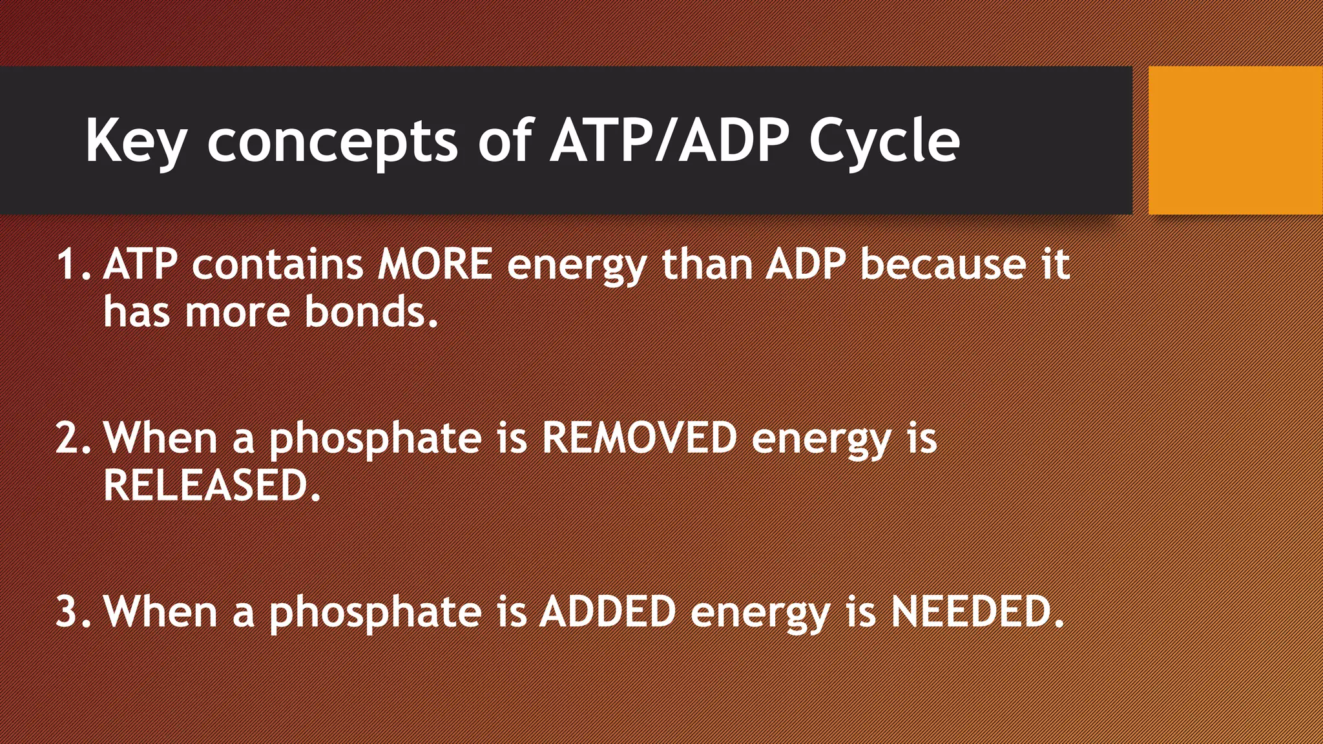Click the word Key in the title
pyautogui.click(x=136, y=141)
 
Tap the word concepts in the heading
pyautogui.click(x=332, y=141)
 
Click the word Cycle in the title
pyautogui.click(x=884, y=141)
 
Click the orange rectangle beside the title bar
pyautogui.click(x=1235, y=140)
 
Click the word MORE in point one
pyautogui.click(x=435, y=264)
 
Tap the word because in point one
pyautogui.click(x=943, y=264)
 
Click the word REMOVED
pyautogui.click(x=639, y=437)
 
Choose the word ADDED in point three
pyautogui.click(x=608, y=610)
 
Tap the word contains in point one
pyautogui.click(x=278, y=264)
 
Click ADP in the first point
pyautogui.click(x=805, y=264)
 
